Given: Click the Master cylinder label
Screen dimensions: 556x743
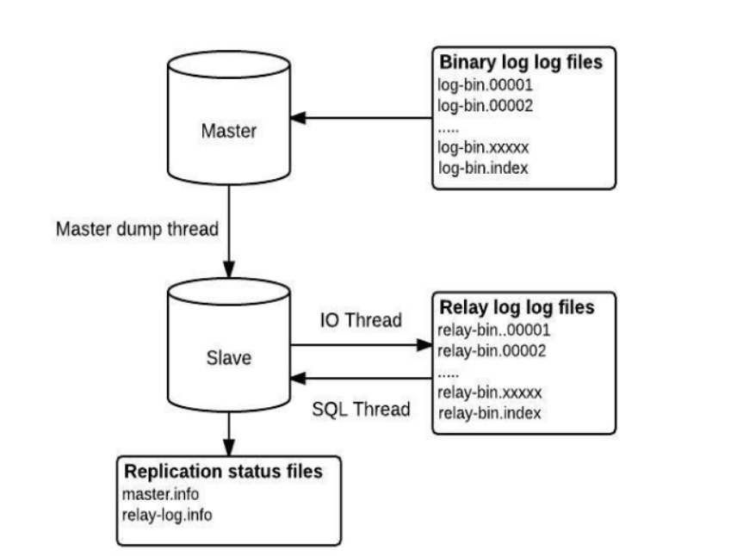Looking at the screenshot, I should coord(229,132).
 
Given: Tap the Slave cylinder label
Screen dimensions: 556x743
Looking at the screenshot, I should coord(229,357).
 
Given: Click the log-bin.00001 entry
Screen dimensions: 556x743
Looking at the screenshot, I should coord(486,86).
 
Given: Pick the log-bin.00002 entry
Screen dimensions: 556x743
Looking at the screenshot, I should coord(486,106).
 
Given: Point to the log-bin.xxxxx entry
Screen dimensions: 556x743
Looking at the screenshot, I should coord(483,146).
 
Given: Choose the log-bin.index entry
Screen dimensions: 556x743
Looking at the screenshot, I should coord(482,167).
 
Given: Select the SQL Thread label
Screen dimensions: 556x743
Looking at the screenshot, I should coord(360,409).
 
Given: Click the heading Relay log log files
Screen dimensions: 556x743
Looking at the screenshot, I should coord(517,307).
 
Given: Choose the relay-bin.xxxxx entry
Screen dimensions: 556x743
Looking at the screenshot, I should coord(490,392).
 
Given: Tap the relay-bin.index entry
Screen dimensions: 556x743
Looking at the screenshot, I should coord(489,413).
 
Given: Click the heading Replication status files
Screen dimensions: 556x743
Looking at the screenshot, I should coord(224,472).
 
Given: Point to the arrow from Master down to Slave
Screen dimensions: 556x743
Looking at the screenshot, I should coord(230,224).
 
